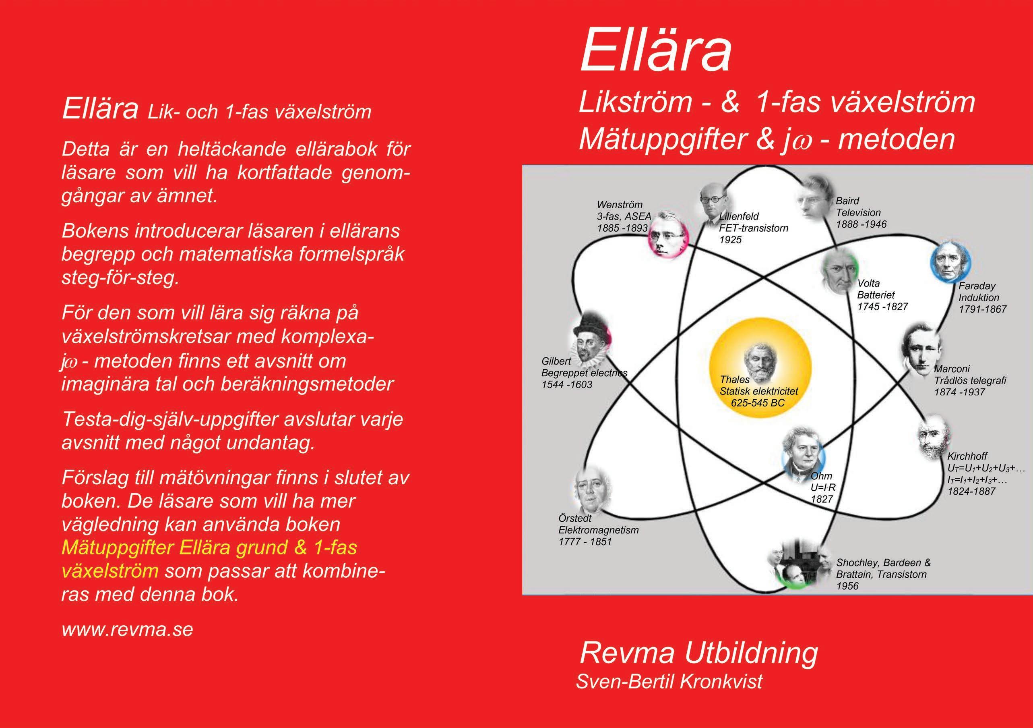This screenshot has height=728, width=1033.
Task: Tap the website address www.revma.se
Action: pos(127,629)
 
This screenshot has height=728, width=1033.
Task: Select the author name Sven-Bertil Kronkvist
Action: pos(669,681)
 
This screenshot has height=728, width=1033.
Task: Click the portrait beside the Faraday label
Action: pos(950,263)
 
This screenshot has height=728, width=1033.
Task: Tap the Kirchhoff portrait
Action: pos(935,437)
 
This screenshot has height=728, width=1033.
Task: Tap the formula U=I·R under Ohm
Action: pos(823,487)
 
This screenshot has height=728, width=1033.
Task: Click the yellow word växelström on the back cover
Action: pos(109,571)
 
